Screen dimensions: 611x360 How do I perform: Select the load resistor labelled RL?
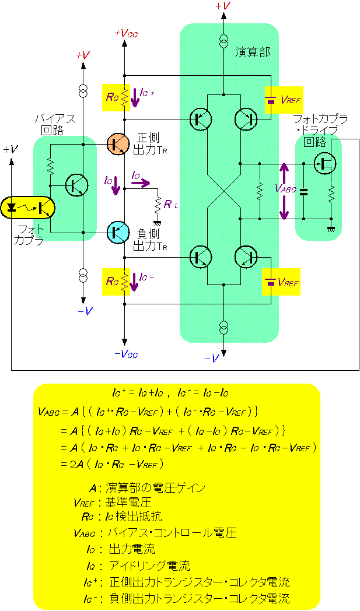point(158,205)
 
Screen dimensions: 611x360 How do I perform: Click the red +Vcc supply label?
point(125,33)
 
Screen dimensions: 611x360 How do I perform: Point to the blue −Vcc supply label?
point(125,353)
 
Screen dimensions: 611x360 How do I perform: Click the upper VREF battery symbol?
point(270,100)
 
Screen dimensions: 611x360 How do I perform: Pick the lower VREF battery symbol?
point(270,282)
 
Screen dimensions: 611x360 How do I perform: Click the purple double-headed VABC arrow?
point(284,191)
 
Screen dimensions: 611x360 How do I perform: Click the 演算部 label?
point(253,52)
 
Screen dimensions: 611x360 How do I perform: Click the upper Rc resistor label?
point(113,97)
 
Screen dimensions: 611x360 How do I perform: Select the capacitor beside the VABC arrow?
point(303,191)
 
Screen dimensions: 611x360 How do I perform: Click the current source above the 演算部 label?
point(223,41)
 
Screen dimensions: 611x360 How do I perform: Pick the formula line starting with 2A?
point(111,464)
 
